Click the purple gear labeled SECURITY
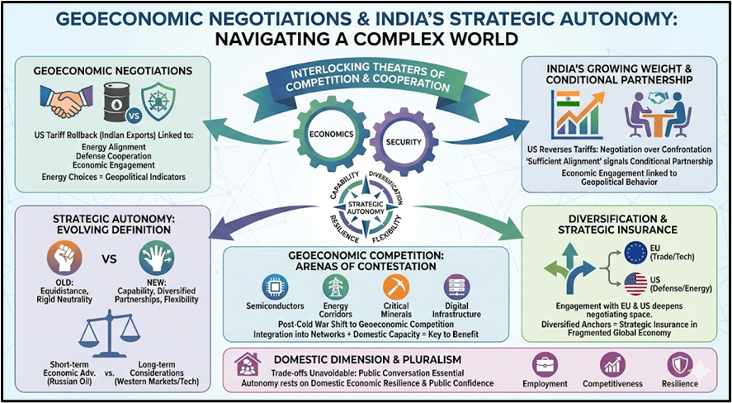point(402,141)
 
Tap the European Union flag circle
point(636,253)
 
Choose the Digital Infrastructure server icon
point(456,286)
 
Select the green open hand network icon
point(156,259)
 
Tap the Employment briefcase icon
point(545,365)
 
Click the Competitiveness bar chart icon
point(612,365)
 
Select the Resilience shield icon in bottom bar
point(679,365)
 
